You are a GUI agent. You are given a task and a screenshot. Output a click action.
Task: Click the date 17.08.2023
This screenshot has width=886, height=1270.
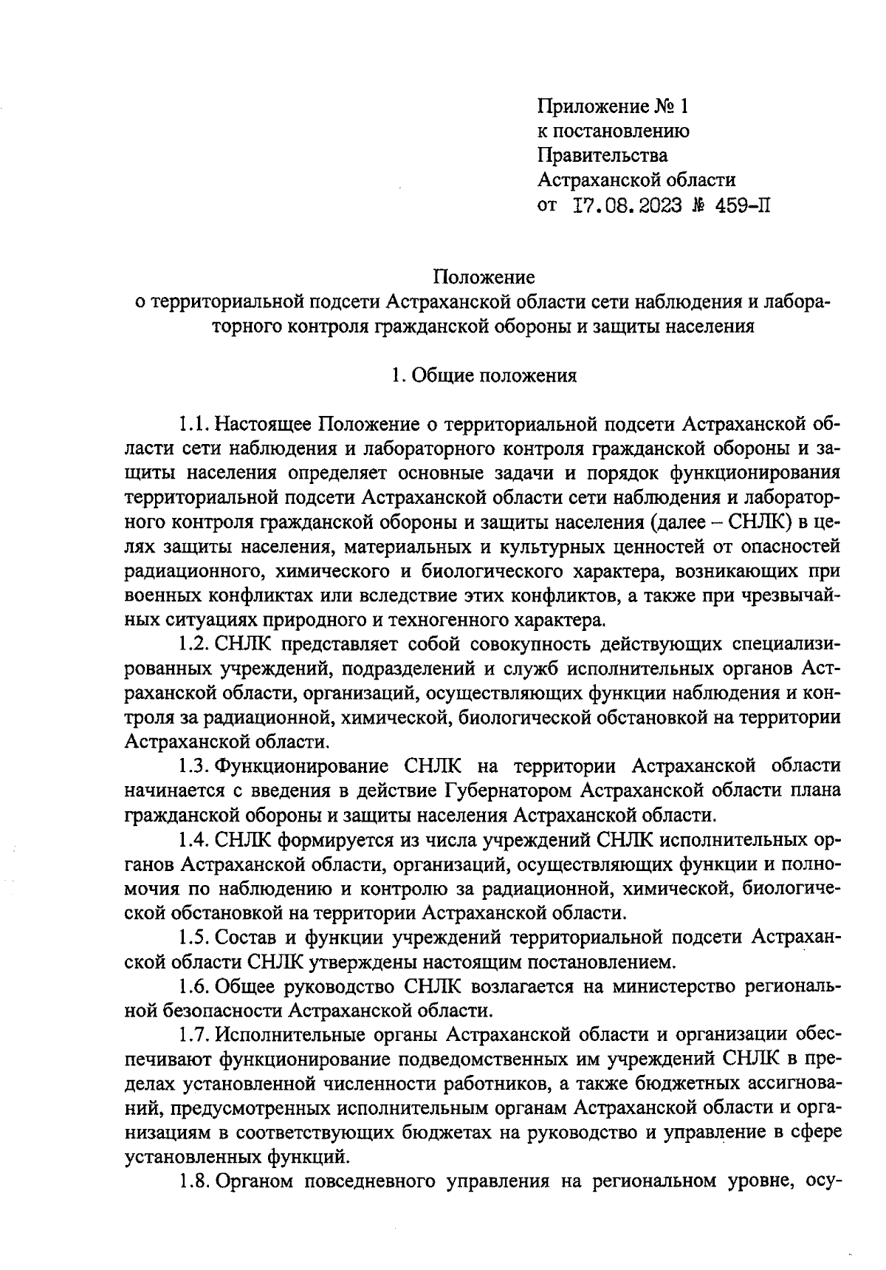628,205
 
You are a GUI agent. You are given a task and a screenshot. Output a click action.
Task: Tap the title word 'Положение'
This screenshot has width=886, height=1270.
484,277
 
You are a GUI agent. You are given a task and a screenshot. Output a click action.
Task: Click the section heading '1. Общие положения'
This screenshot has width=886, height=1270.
484,375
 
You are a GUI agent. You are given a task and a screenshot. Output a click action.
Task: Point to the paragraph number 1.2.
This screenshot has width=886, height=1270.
195,644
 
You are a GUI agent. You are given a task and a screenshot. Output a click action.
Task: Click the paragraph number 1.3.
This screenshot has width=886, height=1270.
195,766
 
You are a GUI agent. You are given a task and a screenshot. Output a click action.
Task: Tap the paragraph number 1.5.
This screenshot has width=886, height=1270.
195,938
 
